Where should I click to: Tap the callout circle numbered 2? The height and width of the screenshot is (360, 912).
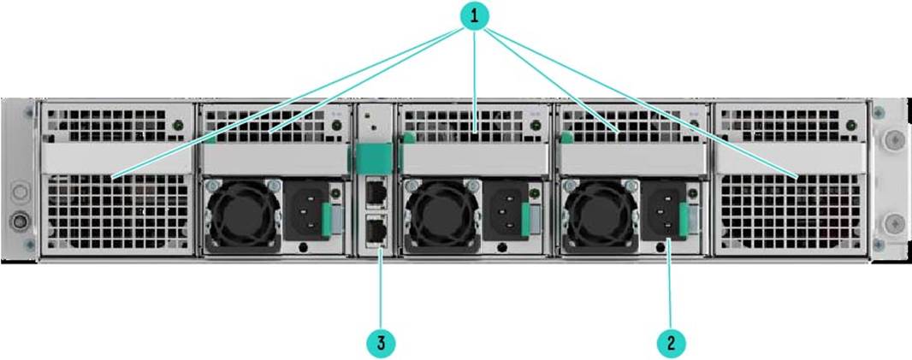pos(671,343)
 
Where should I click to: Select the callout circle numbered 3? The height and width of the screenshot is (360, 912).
pos(381,343)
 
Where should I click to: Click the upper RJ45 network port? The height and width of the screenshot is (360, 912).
pos(376,191)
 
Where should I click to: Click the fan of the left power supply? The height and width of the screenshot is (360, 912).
pos(243,216)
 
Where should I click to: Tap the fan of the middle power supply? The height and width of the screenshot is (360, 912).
pos(442,216)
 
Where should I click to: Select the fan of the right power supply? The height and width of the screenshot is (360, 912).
pos(601,216)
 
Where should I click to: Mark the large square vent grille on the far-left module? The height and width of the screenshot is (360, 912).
pos(118,213)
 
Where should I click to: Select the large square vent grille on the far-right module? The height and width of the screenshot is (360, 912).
pos(791,213)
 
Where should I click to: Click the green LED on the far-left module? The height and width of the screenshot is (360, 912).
pos(179,125)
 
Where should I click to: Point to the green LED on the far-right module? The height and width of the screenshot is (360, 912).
pos(851,125)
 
